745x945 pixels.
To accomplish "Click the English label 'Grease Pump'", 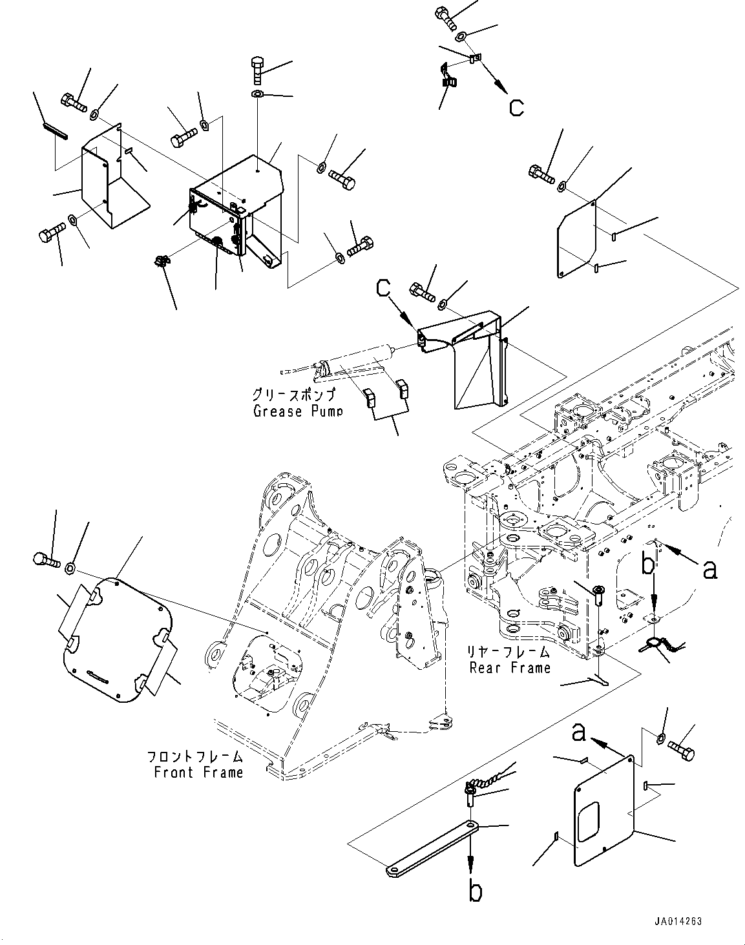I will [298, 411].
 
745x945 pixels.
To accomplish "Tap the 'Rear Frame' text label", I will [510, 667].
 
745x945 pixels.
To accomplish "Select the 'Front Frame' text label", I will [198, 772].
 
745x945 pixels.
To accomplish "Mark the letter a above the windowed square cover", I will [579, 732].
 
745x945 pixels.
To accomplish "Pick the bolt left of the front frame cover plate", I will [45, 559].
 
